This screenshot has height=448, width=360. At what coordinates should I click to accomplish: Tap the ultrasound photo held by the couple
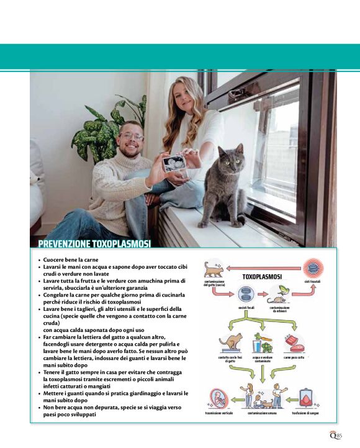point(173,163)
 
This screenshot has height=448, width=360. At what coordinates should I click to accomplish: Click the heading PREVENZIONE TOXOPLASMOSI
point(94,244)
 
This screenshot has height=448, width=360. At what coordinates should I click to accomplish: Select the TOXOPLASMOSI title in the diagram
point(262,276)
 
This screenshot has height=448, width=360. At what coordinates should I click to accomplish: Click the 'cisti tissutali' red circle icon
point(313,269)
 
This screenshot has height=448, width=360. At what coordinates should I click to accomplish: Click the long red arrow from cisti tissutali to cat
point(264,268)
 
